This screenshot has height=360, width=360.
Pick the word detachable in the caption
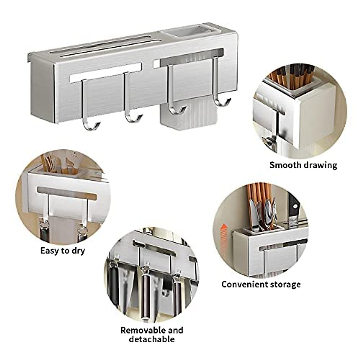(x=152, y=339)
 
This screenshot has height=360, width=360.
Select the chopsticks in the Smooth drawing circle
(x=295, y=75)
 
